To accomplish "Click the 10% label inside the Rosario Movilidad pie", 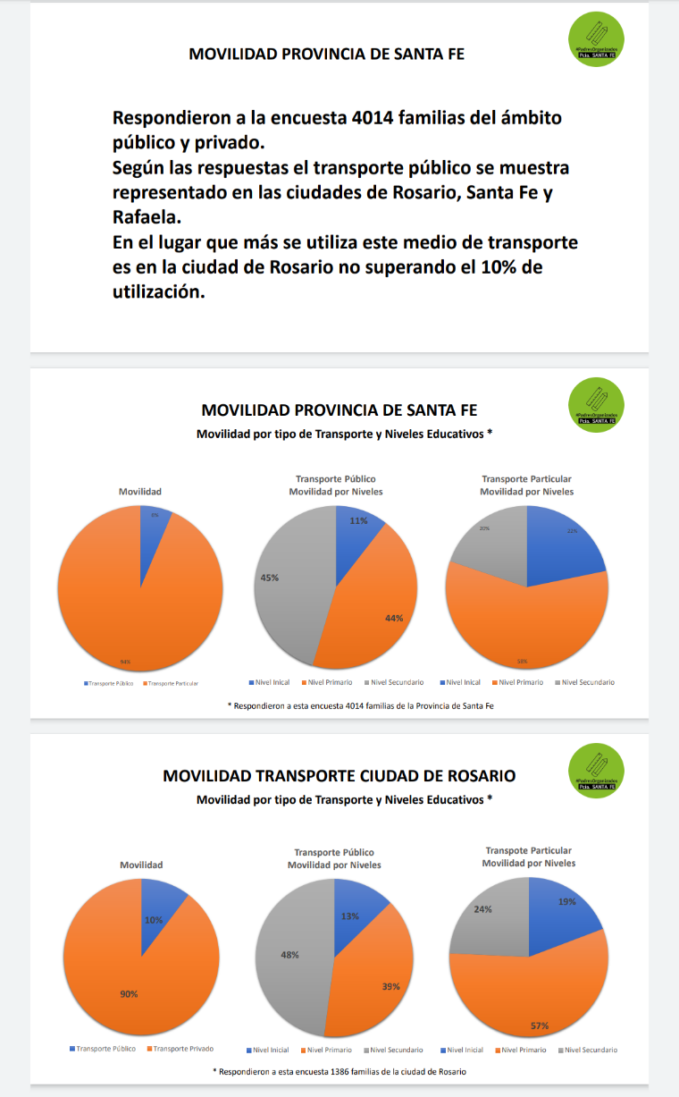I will tap(153, 920).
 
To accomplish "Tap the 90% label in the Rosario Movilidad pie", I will tap(130, 993).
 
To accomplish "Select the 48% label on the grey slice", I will tap(289, 955).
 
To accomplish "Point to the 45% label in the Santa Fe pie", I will tap(270, 578).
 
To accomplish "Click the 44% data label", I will tap(394, 618).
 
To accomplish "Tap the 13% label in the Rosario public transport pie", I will tap(349, 916).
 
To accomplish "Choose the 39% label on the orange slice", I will tap(390, 986).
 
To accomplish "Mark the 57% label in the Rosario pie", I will tap(539, 1025).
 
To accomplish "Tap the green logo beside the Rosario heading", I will tap(596, 771).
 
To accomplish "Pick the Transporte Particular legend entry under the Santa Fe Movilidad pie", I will tap(172, 683).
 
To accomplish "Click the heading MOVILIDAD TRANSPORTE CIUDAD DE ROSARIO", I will tap(339, 776).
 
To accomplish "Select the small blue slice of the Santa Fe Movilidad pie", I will tap(153, 526).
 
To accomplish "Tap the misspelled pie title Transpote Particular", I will tap(528, 850).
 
